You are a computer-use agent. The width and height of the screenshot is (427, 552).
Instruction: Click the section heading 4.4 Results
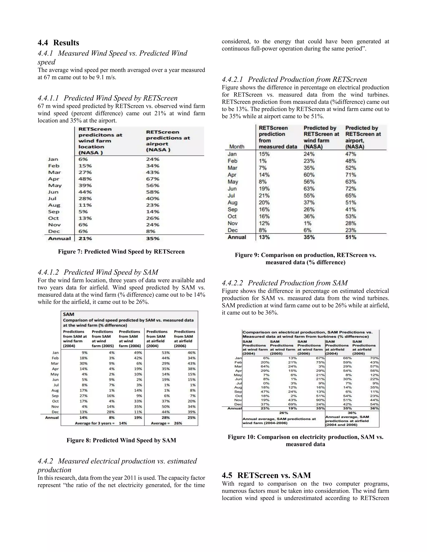coord(58,43)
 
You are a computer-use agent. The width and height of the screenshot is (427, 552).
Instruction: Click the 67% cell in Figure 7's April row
coord(153,179)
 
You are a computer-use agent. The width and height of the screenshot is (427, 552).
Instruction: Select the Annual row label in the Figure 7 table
coord(59,238)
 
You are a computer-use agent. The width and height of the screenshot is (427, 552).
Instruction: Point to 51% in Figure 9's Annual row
coord(351,237)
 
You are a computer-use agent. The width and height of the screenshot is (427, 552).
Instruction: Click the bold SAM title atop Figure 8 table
coord(69,314)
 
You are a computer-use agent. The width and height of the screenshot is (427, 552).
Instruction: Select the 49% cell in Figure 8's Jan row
coord(138,353)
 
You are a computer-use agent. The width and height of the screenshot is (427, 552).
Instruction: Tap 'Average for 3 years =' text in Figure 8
coord(95,423)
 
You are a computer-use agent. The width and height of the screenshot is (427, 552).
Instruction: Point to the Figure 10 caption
coord(305,441)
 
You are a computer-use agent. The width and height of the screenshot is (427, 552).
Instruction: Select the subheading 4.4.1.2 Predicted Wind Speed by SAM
coord(98,272)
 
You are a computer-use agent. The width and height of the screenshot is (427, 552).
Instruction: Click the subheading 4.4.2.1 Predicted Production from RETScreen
coord(294,79)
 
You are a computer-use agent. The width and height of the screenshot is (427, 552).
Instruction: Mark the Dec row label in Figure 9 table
coord(232,230)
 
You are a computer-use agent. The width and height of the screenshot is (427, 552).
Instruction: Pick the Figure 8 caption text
coord(121,440)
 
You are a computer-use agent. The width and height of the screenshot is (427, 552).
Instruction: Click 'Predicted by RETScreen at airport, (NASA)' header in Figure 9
coord(363,137)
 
